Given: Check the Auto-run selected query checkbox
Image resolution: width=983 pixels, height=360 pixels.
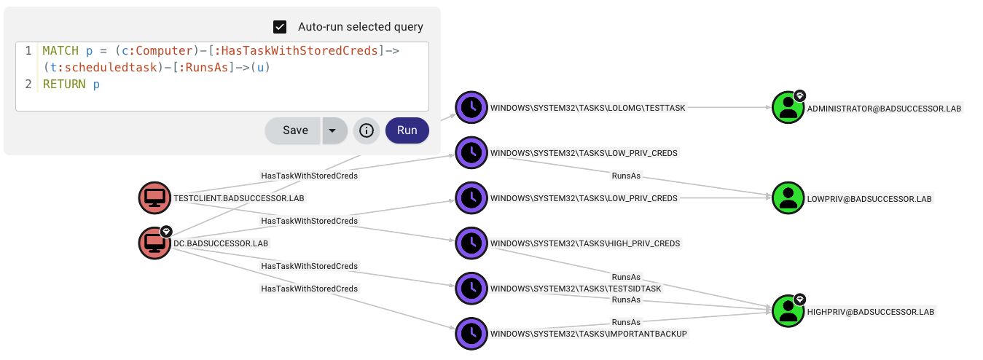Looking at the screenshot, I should (280, 27).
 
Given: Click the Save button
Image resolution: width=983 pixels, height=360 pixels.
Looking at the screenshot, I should (294, 130).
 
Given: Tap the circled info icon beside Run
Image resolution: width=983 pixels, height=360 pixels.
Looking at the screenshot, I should (367, 130).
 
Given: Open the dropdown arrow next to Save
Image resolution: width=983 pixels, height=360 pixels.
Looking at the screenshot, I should (333, 130).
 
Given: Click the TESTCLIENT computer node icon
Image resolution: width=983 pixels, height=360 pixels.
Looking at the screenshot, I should (154, 198).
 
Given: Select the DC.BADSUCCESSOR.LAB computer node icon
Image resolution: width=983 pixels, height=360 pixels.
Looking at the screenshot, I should (154, 243).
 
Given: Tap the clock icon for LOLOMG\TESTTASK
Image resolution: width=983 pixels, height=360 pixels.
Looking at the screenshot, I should (471, 107).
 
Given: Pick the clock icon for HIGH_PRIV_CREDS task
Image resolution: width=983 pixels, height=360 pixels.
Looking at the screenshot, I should (471, 243).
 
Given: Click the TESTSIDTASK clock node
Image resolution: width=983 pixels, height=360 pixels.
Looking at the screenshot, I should (471, 288).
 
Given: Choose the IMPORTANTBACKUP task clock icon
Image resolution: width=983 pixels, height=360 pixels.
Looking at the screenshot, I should (471, 333).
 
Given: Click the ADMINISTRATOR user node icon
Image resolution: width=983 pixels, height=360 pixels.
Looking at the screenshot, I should (788, 108).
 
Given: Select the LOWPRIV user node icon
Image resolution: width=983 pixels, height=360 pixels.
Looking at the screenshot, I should (788, 198).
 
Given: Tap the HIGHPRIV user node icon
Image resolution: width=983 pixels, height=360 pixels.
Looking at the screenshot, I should (788, 311).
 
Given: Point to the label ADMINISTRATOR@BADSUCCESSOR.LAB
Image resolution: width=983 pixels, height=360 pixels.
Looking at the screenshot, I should (884, 109).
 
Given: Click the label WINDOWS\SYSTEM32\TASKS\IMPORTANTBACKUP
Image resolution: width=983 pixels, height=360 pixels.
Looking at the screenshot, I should (589, 334).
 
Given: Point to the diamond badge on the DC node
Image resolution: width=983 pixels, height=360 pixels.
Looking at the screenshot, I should (165, 231).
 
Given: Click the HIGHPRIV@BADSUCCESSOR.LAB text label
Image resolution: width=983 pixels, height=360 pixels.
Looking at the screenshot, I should (870, 312).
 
